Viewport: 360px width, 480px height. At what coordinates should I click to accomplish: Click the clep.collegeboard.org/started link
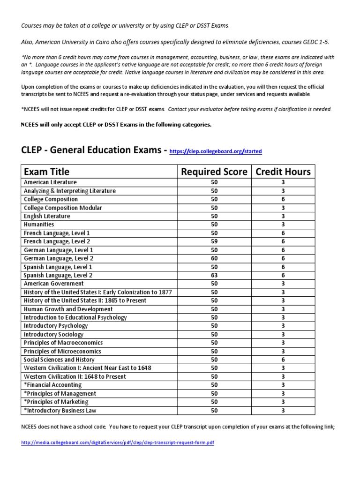click(x=215, y=151)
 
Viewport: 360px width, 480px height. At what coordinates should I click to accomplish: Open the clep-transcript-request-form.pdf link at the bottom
click(x=118, y=442)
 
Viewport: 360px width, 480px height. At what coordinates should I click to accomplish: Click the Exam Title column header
click(x=46, y=172)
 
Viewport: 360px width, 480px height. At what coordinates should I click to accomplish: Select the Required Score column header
click(x=214, y=172)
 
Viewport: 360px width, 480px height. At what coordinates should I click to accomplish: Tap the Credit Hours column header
click(x=283, y=172)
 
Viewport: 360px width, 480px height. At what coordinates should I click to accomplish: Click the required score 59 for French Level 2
click(x=214, y=241)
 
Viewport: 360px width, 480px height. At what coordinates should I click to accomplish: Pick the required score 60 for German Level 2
click(x=214, y=258)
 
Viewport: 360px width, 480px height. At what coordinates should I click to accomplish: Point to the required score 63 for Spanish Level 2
click(x=214, y=275)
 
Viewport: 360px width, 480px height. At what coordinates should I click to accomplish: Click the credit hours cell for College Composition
click(x=283, y=199)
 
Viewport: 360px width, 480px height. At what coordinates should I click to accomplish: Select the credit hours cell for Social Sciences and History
click(x=283, y=360)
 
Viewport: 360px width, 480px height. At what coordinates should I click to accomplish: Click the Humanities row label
click(x=39, y=225)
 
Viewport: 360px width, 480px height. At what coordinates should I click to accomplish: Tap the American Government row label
click(x=53, y=284)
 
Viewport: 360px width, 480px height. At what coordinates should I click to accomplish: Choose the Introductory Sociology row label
click(x=53, y=334)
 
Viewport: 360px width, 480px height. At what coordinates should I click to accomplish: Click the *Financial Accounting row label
click(x=52, y=385)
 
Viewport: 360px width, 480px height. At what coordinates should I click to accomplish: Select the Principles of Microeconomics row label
click(x=62, y=351)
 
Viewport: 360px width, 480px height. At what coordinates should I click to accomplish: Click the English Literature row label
click(x=47, y=216)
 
